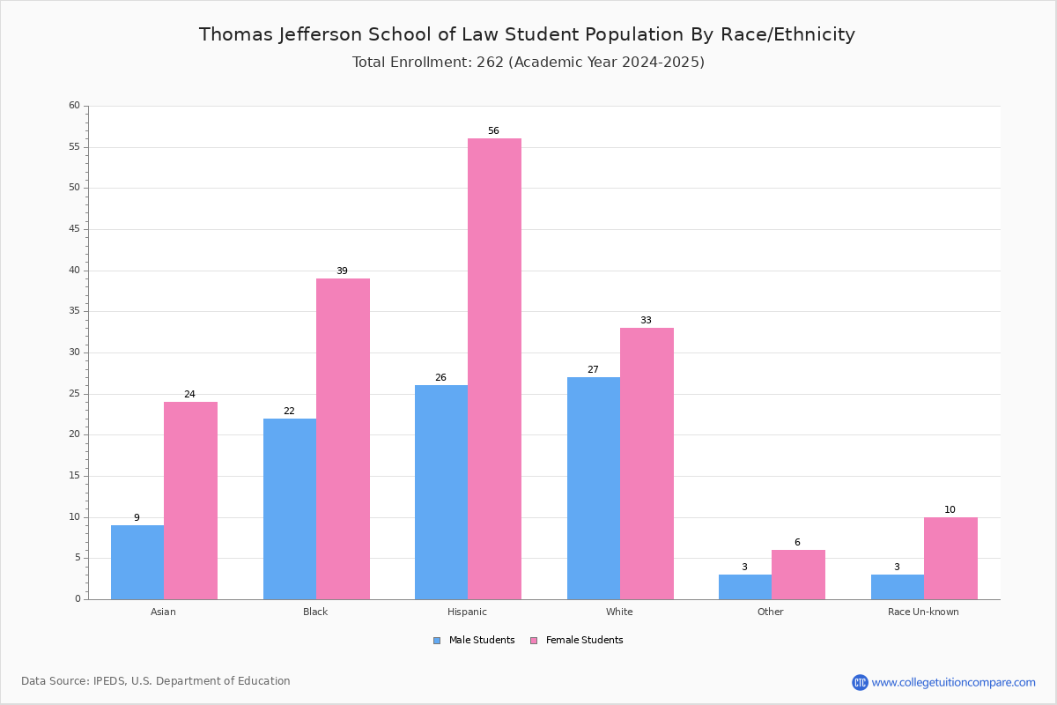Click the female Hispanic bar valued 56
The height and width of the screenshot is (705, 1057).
click(494, 368)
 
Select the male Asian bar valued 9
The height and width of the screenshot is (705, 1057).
click(137, 562)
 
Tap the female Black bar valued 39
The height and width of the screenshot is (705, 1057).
click(343, 439)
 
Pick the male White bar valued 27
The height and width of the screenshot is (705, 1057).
click(594, 488)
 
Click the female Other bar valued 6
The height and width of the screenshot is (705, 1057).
click(798, 575)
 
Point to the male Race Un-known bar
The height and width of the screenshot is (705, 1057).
click(898, 587)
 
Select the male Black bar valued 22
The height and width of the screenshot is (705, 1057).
click(290, 509)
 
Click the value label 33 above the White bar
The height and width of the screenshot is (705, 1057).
click(646, 320)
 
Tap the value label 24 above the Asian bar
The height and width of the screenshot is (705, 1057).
click(189, 394)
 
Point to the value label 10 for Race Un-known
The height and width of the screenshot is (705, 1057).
click(950, 509)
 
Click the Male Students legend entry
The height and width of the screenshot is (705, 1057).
click(474, 641)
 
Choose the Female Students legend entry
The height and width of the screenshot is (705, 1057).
click(577, 641)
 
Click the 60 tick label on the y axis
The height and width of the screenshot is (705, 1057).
click(75, 105)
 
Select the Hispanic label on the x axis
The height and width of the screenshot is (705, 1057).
click(467, 612)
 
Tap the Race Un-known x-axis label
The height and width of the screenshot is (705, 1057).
click(923, 612)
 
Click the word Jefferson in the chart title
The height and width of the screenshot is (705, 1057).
click(321, 35)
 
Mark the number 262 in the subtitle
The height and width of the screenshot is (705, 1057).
click(491, 63)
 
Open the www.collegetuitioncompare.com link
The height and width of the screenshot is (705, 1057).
click(954, 682)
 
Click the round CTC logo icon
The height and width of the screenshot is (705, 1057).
click(861, 682)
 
